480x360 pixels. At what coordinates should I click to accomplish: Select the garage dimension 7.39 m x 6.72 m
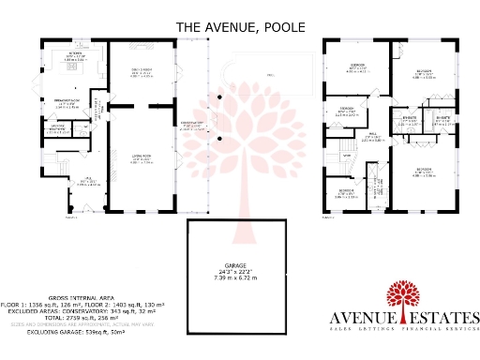(239, 279)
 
